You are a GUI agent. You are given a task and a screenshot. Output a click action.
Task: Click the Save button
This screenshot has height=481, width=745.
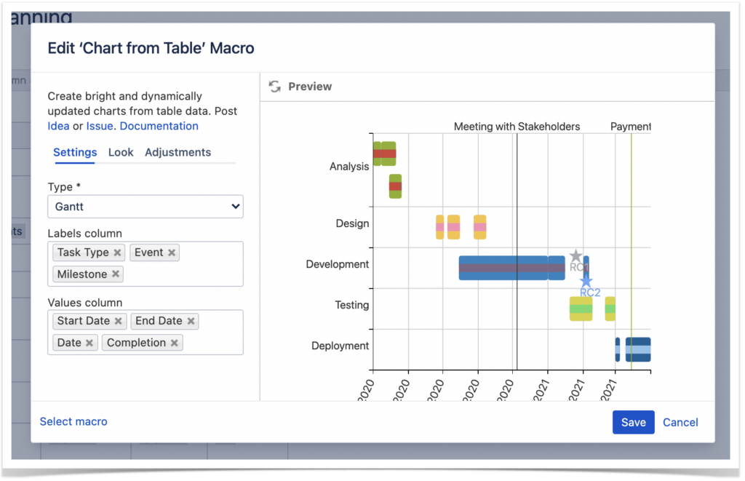[x=633, y=422]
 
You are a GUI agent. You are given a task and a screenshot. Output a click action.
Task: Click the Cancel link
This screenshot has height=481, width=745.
[x=680, y=422]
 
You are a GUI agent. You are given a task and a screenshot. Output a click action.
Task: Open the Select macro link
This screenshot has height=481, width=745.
[x=73, y=421]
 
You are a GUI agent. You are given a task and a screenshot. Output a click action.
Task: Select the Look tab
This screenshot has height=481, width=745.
[x=121, y=152]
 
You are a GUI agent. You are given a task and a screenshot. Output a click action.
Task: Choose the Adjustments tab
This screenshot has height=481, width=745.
[x=178, y=152]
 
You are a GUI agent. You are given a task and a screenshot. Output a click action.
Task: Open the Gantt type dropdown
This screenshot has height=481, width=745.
[x=146, y=207]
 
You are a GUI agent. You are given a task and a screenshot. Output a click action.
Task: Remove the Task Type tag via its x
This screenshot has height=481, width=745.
[x=117, y=253]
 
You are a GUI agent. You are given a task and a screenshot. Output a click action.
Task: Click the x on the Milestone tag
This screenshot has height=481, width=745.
[x=116, y=274]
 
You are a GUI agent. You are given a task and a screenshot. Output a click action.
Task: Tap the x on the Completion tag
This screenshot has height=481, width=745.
[x=175, y=343]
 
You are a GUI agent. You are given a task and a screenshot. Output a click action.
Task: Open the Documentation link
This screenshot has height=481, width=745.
[x=159, y=126]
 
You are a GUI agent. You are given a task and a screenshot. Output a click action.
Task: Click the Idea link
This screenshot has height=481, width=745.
[x=58, y=126]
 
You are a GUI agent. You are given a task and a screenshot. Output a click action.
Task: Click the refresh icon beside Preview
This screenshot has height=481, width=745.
[x=274, y=87]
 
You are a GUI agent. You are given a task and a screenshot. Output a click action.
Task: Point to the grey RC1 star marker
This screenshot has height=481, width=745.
[x=575, y=256]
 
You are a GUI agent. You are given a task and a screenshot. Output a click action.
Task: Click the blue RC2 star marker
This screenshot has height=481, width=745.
[x=586, y=281]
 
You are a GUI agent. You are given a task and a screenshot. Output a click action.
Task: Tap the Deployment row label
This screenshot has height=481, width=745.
[x=340, y=346]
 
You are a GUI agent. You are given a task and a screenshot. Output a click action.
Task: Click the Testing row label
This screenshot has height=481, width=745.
[x=351, y=305]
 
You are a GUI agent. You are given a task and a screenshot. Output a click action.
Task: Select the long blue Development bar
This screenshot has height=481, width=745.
[x=502, y=268]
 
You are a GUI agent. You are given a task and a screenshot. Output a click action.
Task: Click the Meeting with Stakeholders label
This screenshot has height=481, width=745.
[x=517, y=127]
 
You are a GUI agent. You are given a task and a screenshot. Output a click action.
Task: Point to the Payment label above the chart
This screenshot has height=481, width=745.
[x=630, y=127]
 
